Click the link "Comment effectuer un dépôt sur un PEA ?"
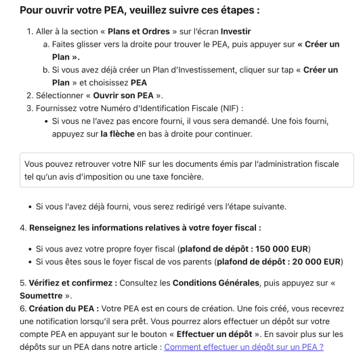243,346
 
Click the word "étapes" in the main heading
236,11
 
